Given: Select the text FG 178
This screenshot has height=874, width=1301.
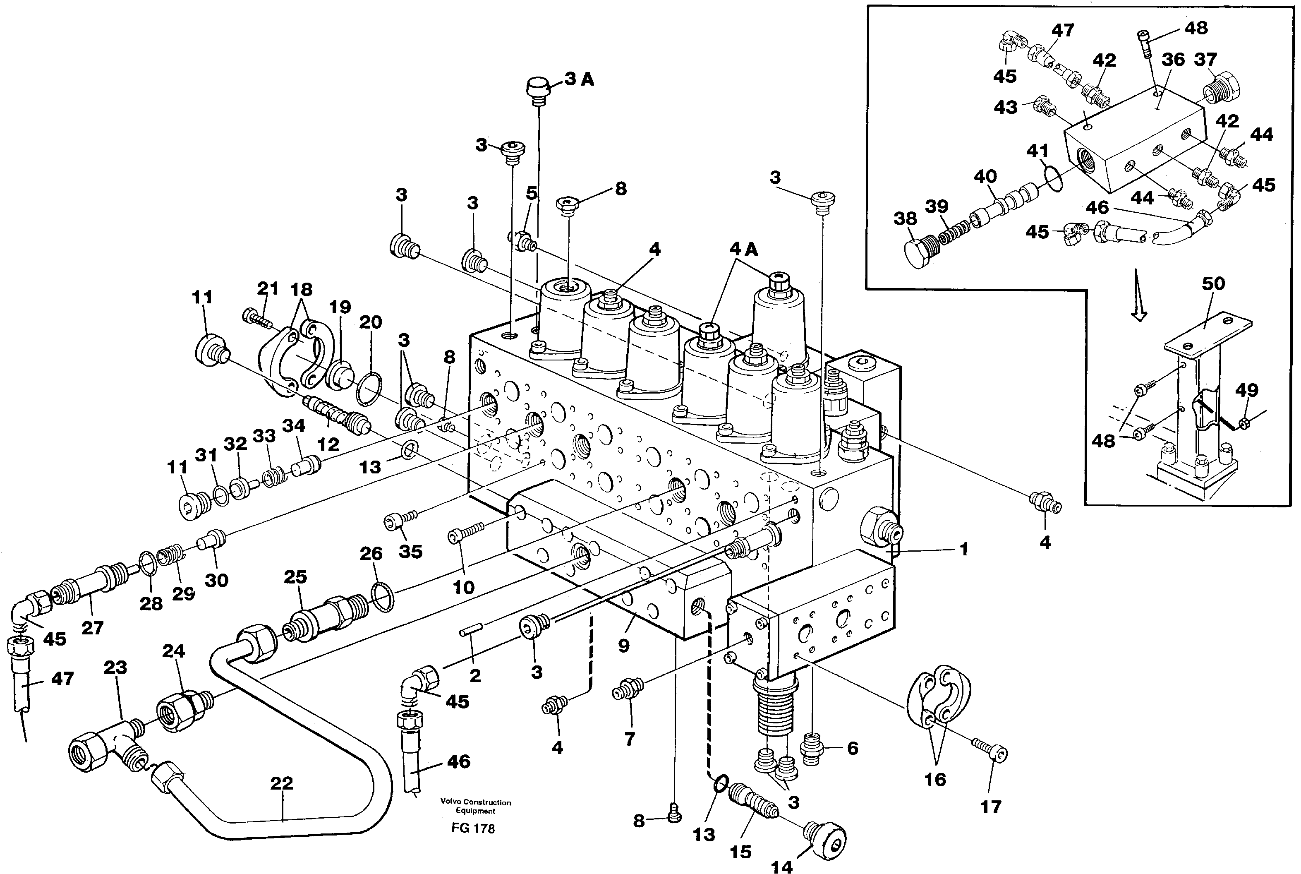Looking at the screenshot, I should point(473,828).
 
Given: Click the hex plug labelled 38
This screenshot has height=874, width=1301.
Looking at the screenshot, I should point(917,254).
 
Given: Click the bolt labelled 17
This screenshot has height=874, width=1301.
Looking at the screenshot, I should point(991,753).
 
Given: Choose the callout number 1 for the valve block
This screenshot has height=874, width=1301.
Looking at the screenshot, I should point(964,550).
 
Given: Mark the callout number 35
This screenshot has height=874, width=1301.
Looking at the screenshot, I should point(411,551).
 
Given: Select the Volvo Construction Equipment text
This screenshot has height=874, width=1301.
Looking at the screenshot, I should point(475,807).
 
